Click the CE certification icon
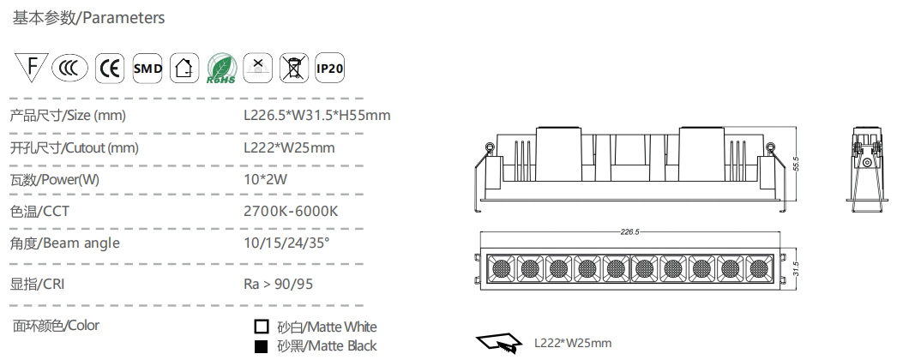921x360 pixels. click(x=110, y=68)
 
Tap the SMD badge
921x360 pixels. click(x=147, y=68)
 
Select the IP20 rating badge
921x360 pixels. click(x=329, y=68)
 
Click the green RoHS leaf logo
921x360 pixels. click(x=221, y=69)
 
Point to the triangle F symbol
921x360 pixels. click(x=32, y=66)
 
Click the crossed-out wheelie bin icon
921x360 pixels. click(x=293, y=68)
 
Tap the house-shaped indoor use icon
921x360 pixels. click(x=184, y=68)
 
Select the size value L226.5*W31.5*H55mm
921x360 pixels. click(x=317, y=115)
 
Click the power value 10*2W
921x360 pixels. click(x=266, y=179)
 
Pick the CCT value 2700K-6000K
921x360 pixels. click(x=291, y=211)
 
